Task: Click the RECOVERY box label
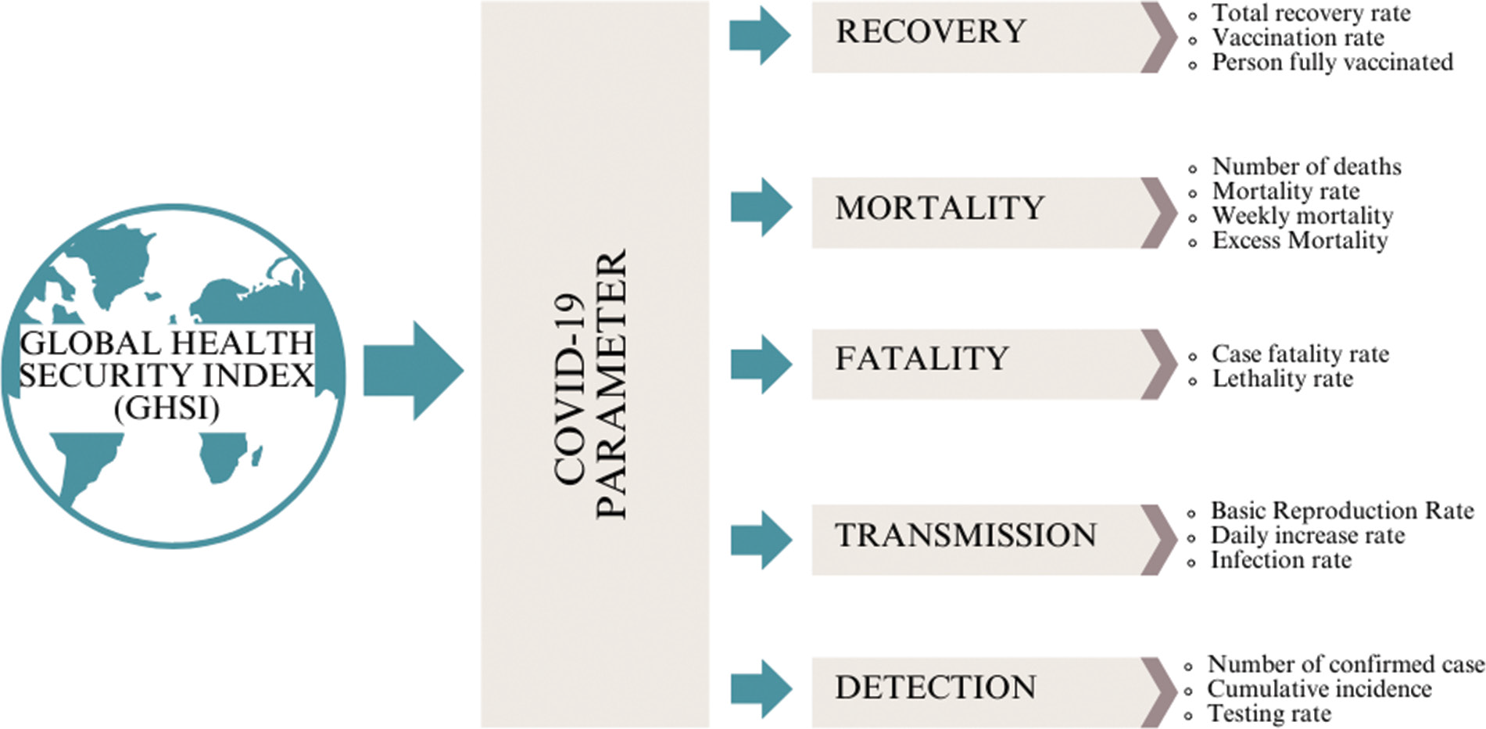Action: [x=930, y=32]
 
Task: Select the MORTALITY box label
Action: [x=939, y=209]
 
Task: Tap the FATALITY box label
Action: [x=922, y=359]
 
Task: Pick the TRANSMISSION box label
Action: [x=965, y=536]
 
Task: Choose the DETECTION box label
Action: [x=935, y=688]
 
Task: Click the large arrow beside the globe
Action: [x=414, y=370]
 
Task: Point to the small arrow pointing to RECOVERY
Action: [x=760, y=35]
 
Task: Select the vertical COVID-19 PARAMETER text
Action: [x=591, y=383]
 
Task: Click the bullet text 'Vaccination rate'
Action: [x=1298, y=38]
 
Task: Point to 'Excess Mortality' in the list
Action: [x=1299, y=240]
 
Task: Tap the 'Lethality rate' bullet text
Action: [x=1282, y=379]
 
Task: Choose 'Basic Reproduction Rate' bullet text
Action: [x=1341, y=511]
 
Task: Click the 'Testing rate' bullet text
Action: [x=1269, y=713]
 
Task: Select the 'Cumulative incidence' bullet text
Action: [x=1319, y=689]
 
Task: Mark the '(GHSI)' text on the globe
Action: [x=167, y=408]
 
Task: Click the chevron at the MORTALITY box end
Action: [x=1159, y=213]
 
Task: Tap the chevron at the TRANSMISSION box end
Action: [x=1159, y=540]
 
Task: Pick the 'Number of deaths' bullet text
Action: [x=1306, y=167]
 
